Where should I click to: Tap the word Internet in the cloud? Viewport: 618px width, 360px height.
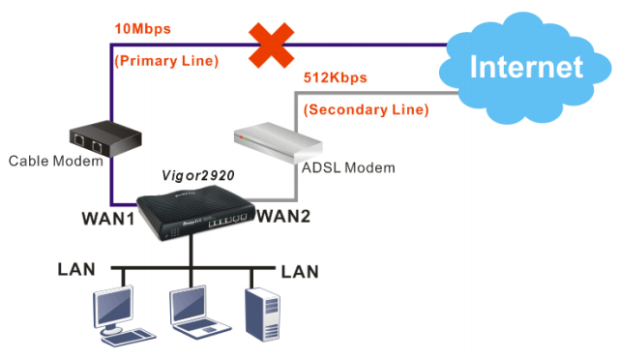click(526, 67)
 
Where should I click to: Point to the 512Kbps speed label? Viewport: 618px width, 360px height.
click(336, 76)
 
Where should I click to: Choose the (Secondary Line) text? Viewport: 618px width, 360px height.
click(366, 109)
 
